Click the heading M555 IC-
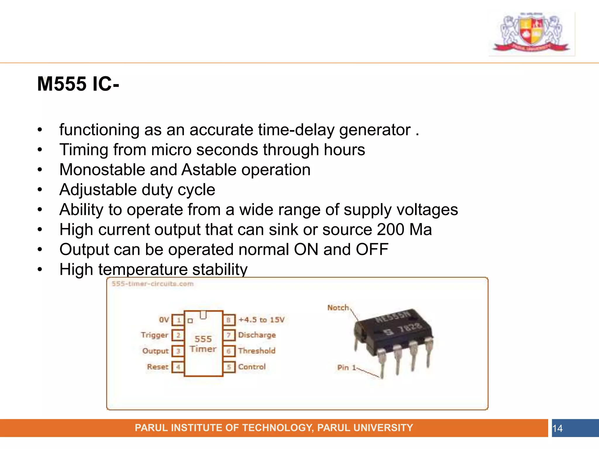78,84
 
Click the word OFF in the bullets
372,250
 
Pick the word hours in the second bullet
344,150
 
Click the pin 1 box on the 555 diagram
178,320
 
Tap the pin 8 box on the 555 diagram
229,320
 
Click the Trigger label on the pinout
154,335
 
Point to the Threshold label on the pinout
257,351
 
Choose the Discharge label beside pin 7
257,335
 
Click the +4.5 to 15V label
261,320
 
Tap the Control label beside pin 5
252,367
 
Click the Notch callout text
338,308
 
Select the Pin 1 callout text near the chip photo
346,367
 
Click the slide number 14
557,429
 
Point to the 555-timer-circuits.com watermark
152,284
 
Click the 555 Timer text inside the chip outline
203,344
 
